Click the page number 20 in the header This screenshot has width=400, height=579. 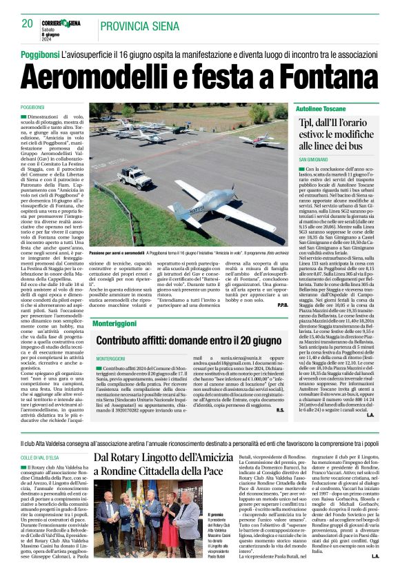(x=28, y=23)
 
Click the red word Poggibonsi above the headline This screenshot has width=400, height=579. (x=39, y=54)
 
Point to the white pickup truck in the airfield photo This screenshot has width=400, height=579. (x=135, y=176)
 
